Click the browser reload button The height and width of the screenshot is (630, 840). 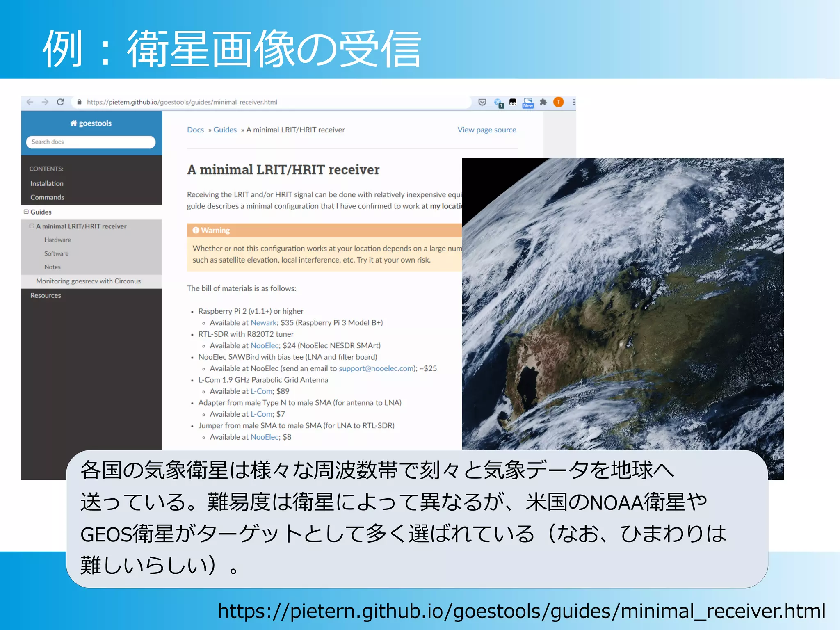click(60, 102)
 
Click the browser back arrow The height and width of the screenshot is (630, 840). click(30, 102)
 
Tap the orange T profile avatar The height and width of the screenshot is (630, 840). click(558, 102)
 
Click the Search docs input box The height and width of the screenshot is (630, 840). click(91, 142)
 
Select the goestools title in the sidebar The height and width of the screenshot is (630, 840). click(91, 123)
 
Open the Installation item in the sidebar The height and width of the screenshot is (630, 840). click(47, 183)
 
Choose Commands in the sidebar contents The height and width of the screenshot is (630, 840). click(47, 197)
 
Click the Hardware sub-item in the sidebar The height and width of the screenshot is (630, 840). click(57, 240)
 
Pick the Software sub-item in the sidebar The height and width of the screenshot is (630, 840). click(56, 253)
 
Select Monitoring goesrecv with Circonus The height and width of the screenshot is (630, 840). click(88, 281)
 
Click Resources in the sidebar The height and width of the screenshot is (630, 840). click(46, 295)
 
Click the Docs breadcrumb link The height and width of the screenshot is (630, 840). click(195, 130)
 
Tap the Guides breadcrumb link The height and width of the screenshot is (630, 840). click(225, 130)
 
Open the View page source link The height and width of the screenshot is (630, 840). click(486, 130)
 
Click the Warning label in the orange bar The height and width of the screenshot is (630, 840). click(215, 231)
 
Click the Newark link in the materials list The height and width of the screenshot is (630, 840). click(263, 323)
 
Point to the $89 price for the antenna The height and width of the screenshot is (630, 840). click(283, 391)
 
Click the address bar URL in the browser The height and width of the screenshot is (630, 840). click(182, 102)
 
